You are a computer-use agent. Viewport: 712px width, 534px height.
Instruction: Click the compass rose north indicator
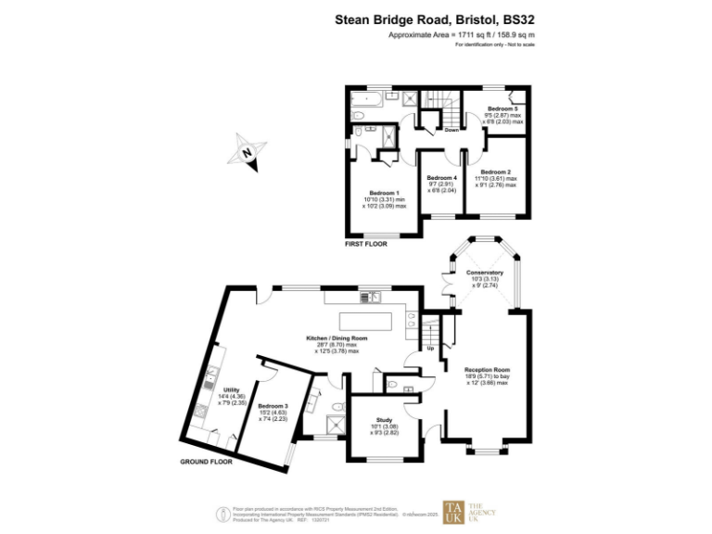(x=248, y=154)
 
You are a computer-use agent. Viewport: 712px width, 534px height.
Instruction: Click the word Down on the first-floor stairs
(x=451, y=130)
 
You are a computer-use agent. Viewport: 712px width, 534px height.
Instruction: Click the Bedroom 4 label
(x=442, y=178)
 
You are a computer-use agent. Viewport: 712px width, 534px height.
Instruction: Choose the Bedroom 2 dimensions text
(x=495, y=182)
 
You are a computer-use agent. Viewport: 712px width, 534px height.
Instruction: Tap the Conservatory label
(x=485, y=272)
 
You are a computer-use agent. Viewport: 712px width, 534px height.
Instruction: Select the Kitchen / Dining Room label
(x=337, y=338)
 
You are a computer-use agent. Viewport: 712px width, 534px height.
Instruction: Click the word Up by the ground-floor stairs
(x=430, y=349)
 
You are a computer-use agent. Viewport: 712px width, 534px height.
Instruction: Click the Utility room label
(x=231, y=390)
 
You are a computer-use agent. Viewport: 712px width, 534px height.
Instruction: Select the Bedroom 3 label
(x=273, y=407)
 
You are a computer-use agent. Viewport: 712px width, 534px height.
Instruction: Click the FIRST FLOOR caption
(x=366, y=245)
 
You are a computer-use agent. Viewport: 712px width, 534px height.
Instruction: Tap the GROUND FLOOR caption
(x=205, y=461)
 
